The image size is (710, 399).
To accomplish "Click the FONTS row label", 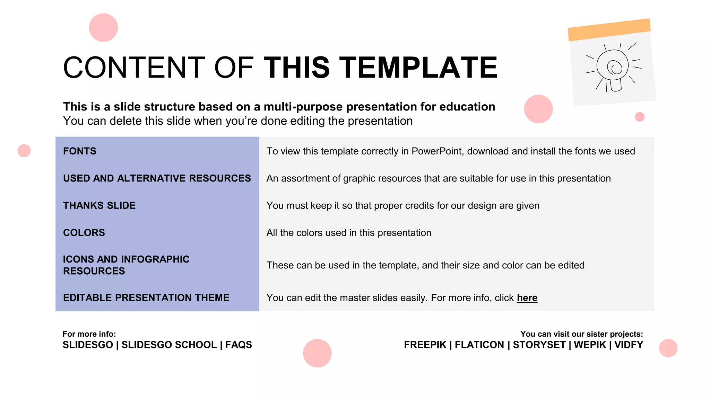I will point(80,151).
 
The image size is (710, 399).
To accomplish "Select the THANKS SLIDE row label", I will point(99,206).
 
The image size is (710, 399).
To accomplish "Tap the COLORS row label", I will point(84,233).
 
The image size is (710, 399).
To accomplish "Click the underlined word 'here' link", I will point(527,298).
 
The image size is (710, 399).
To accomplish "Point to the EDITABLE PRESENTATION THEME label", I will point(146,298).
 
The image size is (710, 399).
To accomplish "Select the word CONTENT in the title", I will point(134,68).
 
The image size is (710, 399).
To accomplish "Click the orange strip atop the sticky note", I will point(609,30).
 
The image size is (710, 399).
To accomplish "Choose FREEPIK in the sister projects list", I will point(425,345).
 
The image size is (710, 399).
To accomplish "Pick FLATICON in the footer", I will point(479,345).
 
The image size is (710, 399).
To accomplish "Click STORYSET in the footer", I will point(539,345).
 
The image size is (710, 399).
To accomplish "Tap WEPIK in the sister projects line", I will point(590,345).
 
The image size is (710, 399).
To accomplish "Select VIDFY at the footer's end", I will point(629,345).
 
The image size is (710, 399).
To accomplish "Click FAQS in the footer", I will point(239,345).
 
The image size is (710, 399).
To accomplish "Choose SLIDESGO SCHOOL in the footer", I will point(169,345).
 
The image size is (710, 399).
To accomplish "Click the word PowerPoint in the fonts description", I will point(436,151).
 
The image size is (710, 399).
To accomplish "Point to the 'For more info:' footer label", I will point(89,334).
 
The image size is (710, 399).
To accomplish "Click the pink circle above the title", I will point(103,28).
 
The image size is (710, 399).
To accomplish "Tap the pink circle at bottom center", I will point(317,353).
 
